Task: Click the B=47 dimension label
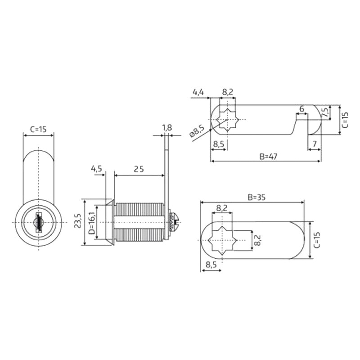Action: (268, 156)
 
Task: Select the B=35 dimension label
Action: (256, 197)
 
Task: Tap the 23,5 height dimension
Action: (78, 220)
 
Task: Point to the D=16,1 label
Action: (92, 222)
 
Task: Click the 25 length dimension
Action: (139, 169)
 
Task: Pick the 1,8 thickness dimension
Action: (167, 128)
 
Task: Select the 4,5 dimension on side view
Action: (96, 169)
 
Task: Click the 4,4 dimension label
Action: (198, 92)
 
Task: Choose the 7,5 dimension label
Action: (325, 112)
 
